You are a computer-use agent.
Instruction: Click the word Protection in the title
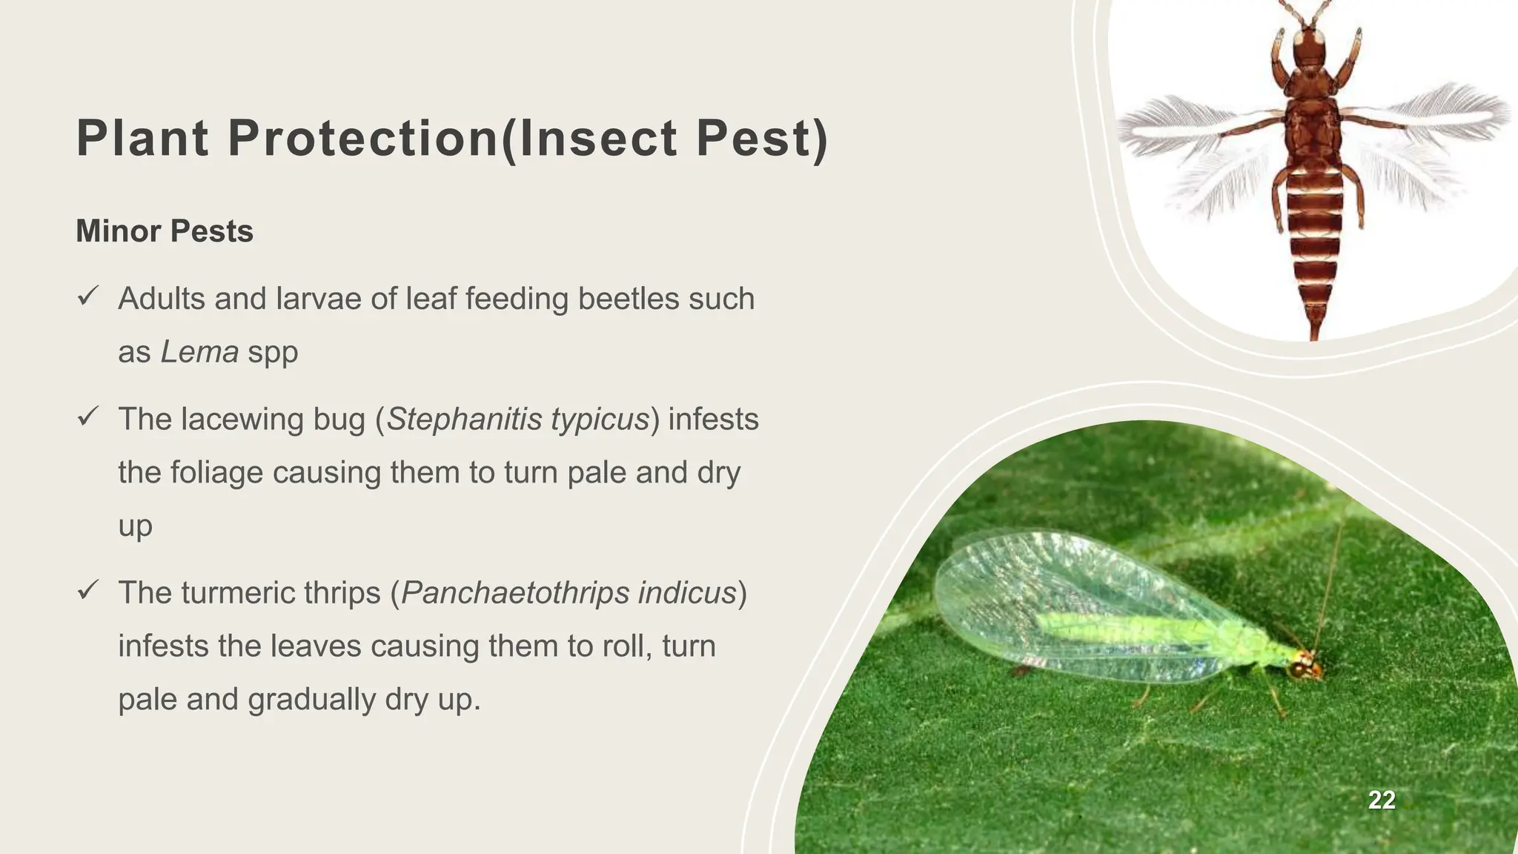click(362, 139)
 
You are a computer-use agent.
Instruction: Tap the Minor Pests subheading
click(165, 231)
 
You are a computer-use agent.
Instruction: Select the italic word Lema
click(199, 351)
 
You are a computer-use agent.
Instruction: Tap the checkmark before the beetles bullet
click(87, 298)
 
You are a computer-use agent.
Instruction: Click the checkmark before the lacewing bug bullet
click(87, 418)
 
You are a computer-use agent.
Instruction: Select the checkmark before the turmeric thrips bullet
click(87, 592)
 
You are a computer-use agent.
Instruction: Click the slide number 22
click(1382, 800)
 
